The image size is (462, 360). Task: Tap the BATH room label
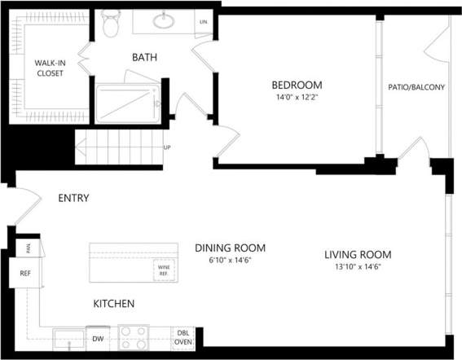click(x=144, y=57)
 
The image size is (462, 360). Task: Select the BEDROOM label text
click(x=297, y=85)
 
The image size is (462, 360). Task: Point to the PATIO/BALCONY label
click(x=417, y=87)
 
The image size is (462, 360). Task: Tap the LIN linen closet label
click(x=203, y=22)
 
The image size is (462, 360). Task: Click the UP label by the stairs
click(x=167, y=147)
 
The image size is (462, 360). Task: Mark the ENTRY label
click(x=73, y=198)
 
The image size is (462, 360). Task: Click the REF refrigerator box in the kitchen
click(x=24, y=273)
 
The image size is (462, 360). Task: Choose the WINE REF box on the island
click(x=163, y=270)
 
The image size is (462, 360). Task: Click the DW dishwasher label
click(x=98, y=338)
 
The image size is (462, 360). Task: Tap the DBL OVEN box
click(x=183, y=337)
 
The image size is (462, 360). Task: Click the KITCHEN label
click(x=113, y=304)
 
